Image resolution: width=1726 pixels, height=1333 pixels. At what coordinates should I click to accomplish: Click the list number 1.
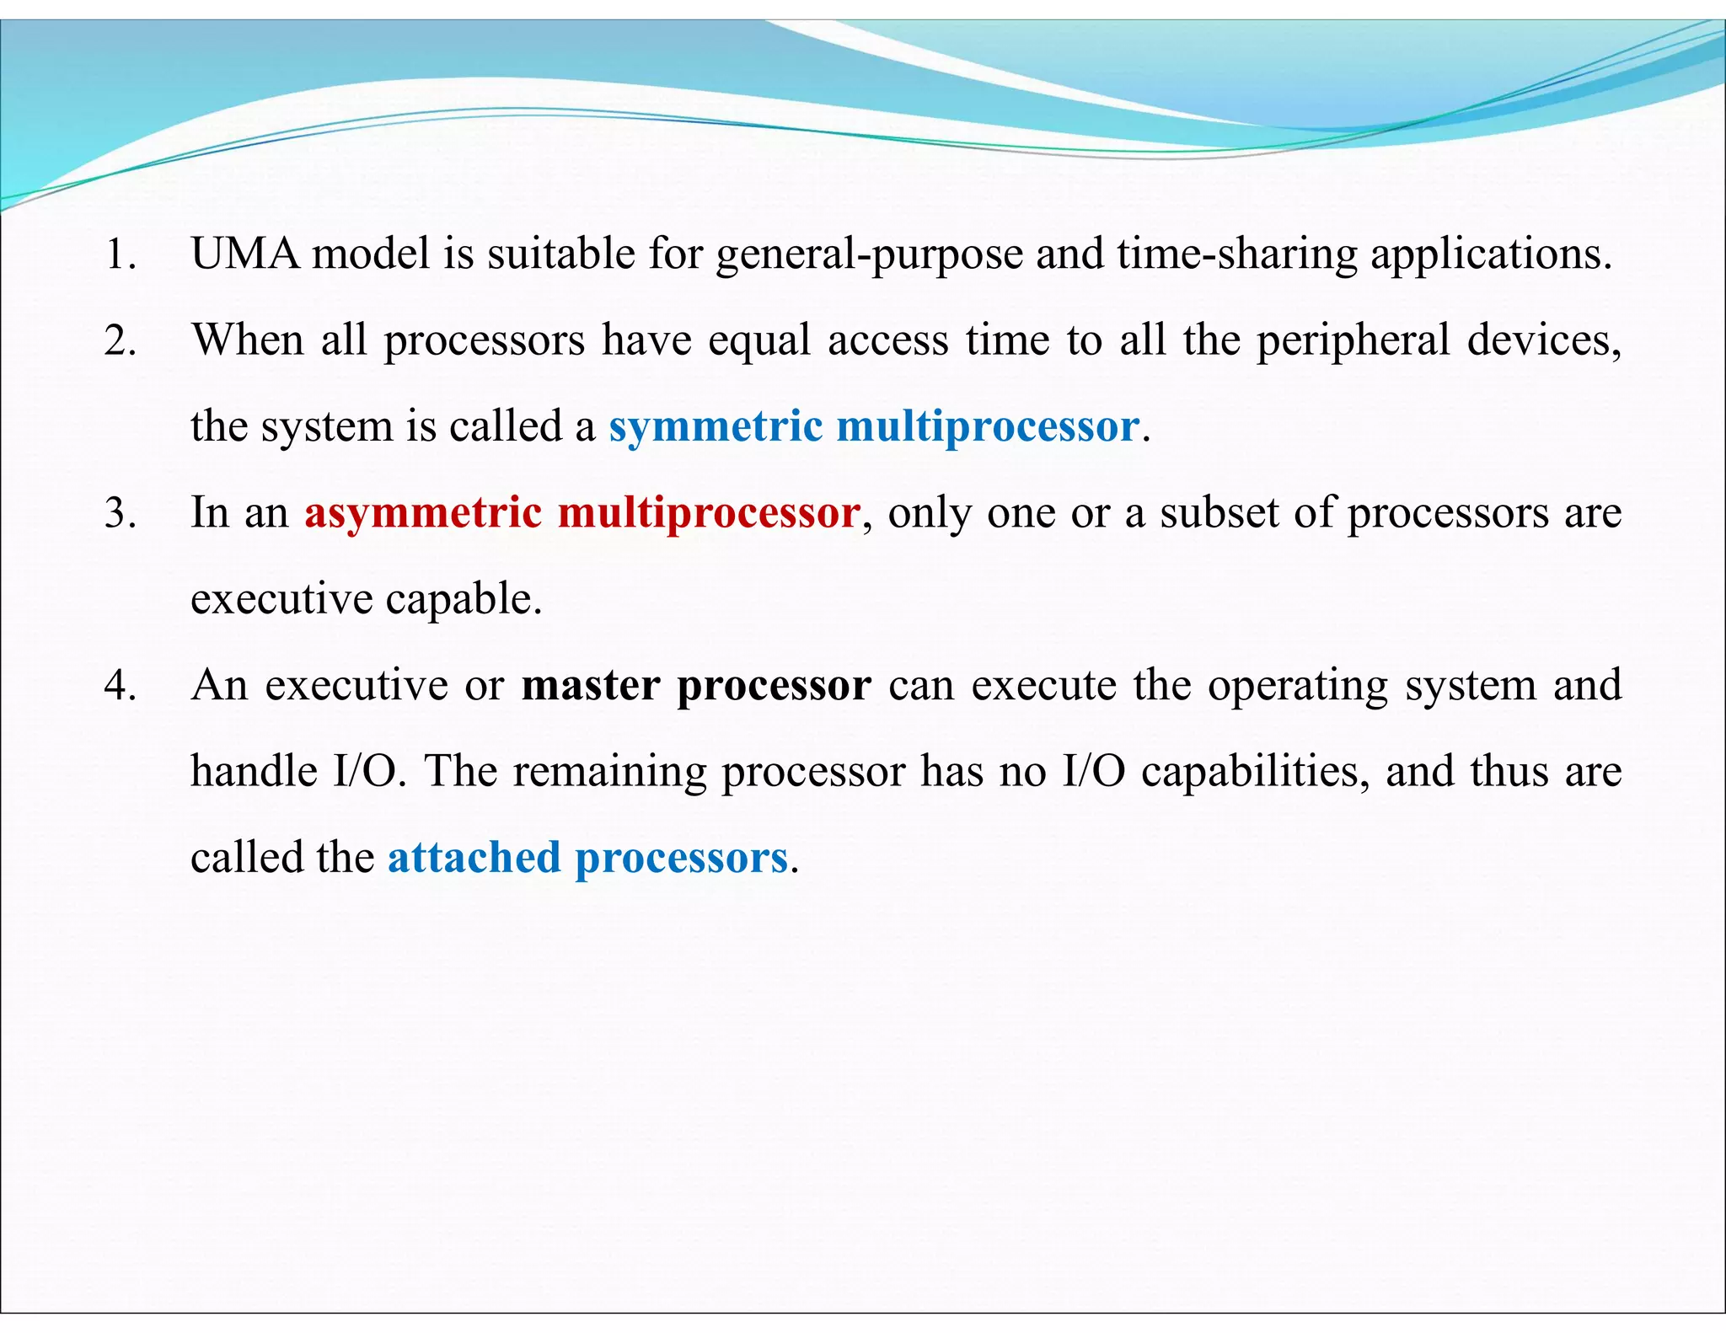pyautogui.click(x=120, y=254)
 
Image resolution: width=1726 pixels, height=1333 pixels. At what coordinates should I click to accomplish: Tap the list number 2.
pyautogui.click(x=120, y=341)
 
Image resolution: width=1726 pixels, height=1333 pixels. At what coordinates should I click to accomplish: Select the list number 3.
pyautogui.click(x=120, y=513)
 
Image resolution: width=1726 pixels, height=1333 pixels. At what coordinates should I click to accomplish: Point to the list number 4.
pyautogui.click(x=120, y=686)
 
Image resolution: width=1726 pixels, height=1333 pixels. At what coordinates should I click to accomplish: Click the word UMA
pyautogui.click(x=245, y=254)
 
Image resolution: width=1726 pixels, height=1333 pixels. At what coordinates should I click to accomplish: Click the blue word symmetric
pyautogui.click(x=715, y=427)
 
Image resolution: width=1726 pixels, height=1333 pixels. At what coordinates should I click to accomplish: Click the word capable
pyautogui.click(x=464, y=600)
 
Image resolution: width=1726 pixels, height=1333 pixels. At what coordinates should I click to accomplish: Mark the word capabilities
pyautogui.click(x=1257, y=773)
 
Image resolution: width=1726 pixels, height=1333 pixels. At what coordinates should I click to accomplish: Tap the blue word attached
pyautogui.click(x=474, y=859)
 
